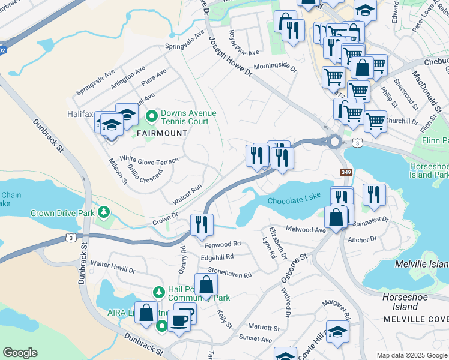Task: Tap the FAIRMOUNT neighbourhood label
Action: (158, 133)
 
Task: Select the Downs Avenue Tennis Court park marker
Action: (152, 115)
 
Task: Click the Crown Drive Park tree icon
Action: (104, 212)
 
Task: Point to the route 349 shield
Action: (346, 172)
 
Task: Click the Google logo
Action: (20, 353)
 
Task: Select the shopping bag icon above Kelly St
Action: (206, 285)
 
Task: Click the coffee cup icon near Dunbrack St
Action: (178, 320)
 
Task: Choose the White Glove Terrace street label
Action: (149, 161)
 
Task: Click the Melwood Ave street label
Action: (306, 229)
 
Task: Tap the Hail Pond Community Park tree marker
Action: (158, 292)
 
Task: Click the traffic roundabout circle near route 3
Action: (334, 142)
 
